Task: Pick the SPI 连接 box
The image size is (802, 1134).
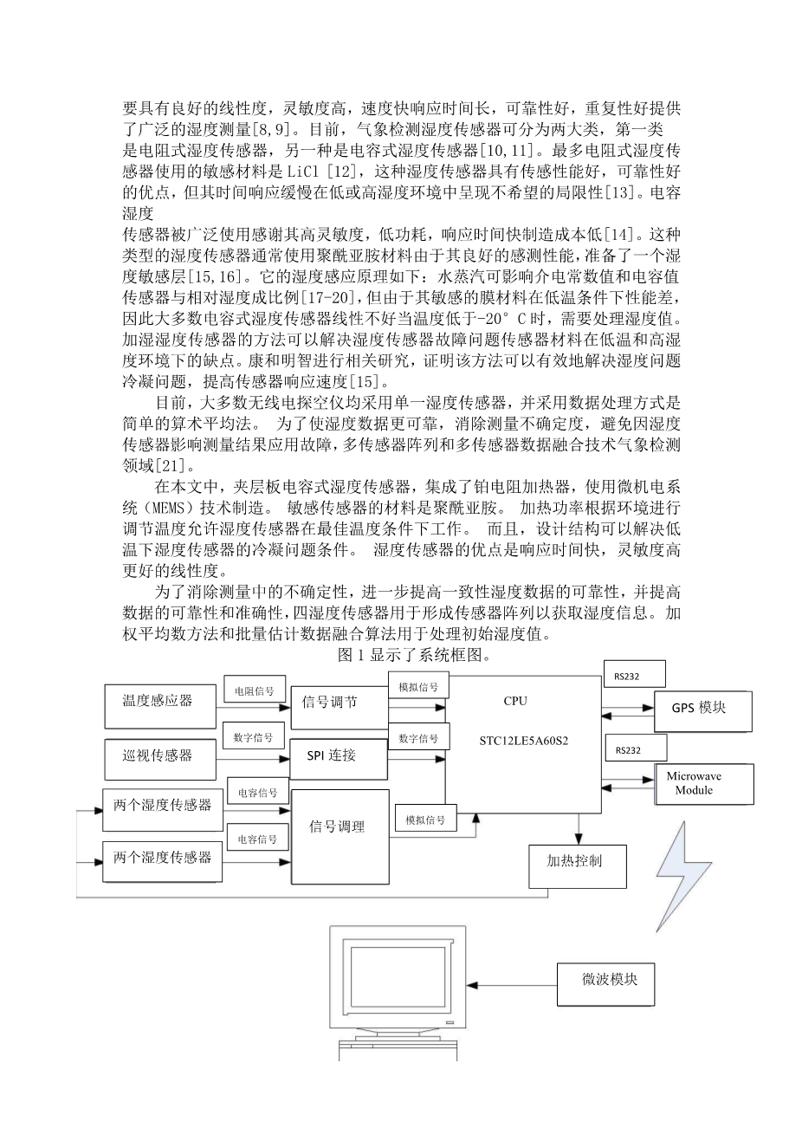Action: [331, 756]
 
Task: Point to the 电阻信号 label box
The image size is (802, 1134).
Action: [253, 690]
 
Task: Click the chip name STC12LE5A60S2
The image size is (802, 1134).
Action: [524, 742]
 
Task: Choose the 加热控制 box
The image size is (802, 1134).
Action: [577, 863]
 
